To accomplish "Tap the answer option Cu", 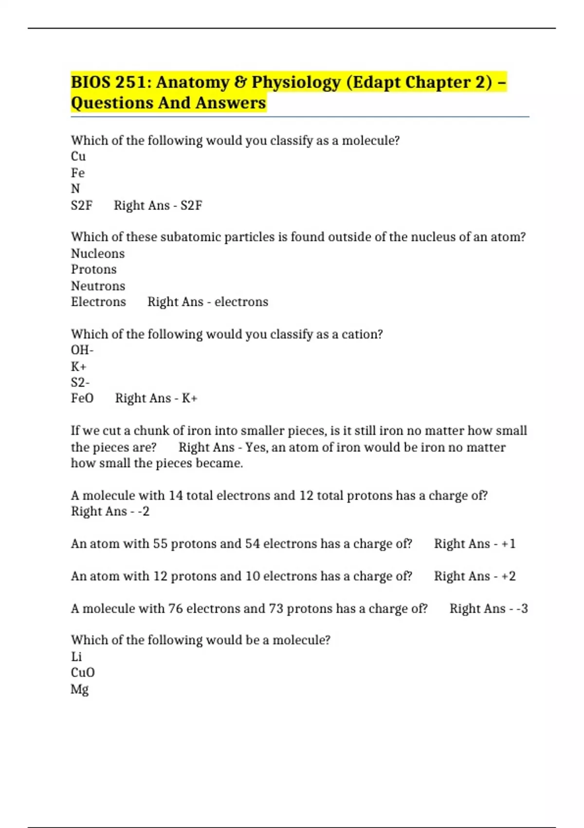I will click(78, 156).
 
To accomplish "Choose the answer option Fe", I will click(78, 173).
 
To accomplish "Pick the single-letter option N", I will click(75, 189).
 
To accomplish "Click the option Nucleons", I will click(98, 254).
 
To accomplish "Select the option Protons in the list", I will click(94, 269).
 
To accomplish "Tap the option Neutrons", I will click(98, 286).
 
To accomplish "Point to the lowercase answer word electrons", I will click(241, 302).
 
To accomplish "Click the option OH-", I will click(82, 350).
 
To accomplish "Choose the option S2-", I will click(80, 382).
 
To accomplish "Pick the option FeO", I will click(82, 398).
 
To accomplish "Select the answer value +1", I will click(509, 544).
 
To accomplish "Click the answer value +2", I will click(509, 576).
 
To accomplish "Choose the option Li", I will click(76, 657).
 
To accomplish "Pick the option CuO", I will click(83, 673).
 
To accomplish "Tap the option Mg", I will click(80, 689).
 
